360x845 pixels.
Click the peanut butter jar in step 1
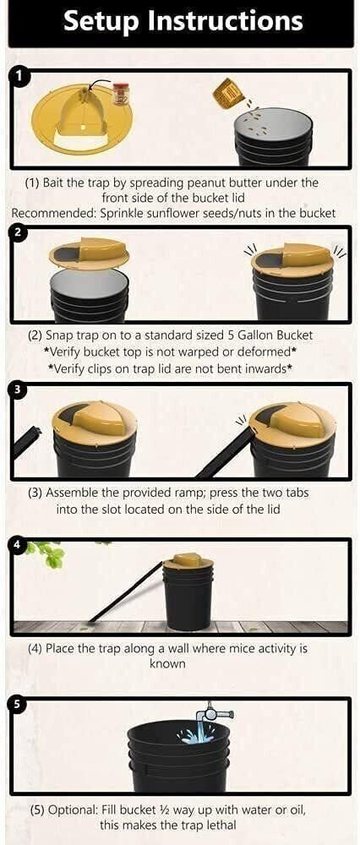click(121, 93)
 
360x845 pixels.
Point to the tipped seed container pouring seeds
click(226, 90)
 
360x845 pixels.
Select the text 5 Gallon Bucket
click(280, 335)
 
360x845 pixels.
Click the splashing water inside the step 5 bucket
click(198, 735)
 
